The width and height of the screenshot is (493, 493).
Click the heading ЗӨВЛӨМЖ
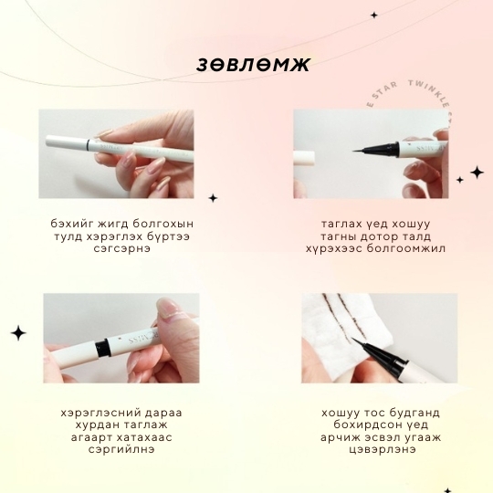254,65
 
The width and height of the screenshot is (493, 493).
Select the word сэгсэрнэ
122,248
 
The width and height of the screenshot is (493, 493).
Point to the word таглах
341,225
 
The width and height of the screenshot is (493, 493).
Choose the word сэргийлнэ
121,449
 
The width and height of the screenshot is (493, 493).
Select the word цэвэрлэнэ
383,449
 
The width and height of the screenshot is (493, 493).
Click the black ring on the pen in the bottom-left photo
102,348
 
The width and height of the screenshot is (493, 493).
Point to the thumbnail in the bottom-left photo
169,306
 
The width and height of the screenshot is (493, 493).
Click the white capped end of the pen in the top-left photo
67,141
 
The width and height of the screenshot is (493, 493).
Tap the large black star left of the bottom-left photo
18,333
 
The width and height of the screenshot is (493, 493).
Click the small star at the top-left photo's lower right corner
213,198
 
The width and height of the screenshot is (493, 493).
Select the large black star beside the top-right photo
477,173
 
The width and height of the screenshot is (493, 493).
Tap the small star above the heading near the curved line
373,15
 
